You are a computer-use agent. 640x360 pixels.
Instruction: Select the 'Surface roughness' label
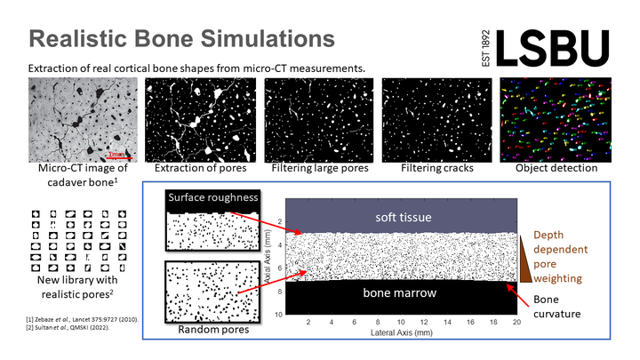[x=213, y=197]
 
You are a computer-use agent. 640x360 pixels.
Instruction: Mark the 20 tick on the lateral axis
[x=516, y=323]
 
